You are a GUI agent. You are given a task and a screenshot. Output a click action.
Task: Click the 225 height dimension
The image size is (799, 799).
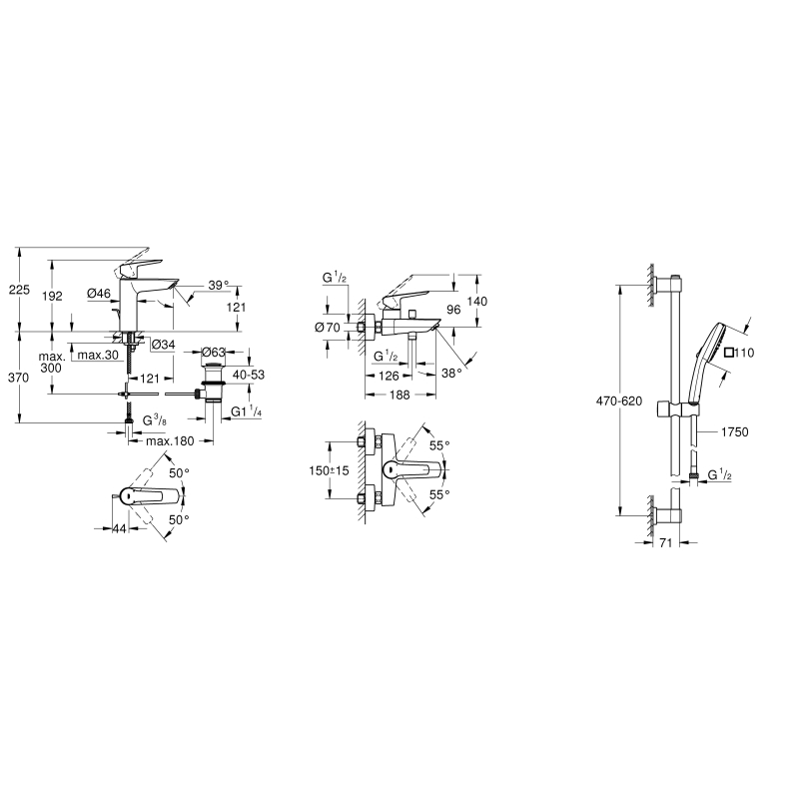click(x=20, y=290)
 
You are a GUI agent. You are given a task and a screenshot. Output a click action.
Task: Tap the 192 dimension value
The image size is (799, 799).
click(x=52, y=296)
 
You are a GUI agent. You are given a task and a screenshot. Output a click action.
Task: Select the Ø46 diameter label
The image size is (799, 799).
click(x=99, y=293)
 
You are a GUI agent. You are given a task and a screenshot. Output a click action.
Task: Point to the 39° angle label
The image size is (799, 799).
click(x=219, y=286)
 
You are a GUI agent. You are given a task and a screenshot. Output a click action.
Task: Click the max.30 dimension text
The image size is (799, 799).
click(x=98, y=356)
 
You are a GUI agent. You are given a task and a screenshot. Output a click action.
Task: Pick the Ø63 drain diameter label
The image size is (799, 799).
click(x=214, y=353)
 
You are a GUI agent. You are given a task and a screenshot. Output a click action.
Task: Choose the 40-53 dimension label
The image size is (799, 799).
click(x=249, y=375)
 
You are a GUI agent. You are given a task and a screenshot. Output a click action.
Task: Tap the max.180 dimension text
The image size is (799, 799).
click(x=170, y=441)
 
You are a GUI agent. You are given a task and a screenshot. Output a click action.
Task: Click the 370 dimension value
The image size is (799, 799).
click(x=19, y=378)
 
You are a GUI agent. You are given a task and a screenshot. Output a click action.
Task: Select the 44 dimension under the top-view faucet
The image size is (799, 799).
click(x=119, y=529)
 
